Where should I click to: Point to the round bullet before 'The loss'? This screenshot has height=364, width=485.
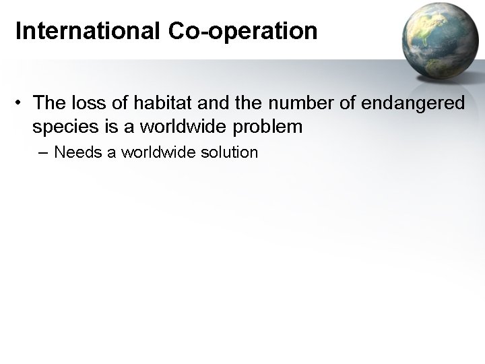22,102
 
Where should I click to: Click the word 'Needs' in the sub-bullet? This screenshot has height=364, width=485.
76,152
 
